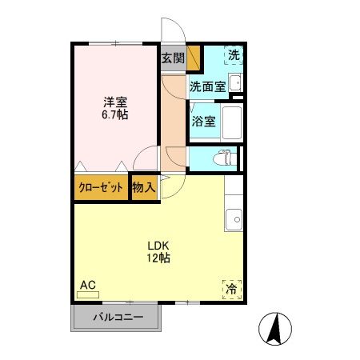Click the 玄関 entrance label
pyautogui.click(x=172, y=58)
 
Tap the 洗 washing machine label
pyautogui.click(x=233, y=55)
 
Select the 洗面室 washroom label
pyautogui.click(x=206, y=87)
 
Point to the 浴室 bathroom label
pyautogui.click(x=203, y=122)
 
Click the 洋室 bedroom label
pyautogui.click(x=115, y=102)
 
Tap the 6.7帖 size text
pyautogui.click(x=115, y=115)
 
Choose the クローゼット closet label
pyautogui.click(x=102, y=188)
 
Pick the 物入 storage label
pyautogui.click(x=143, y=188)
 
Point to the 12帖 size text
pyautogui.click(x=157, y=258)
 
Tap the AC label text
pyautogui.click(x=87, y=284)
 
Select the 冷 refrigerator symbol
pyautogui.click(x=231, y=288)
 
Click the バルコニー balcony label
pyautogui.click(x=118, y=317)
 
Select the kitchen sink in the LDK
pyautogui.click(x=234, y=217)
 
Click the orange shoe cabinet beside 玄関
pyautogui.click(x=194, y=58)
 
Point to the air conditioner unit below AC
pyautogui.click(x=87, y=295)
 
